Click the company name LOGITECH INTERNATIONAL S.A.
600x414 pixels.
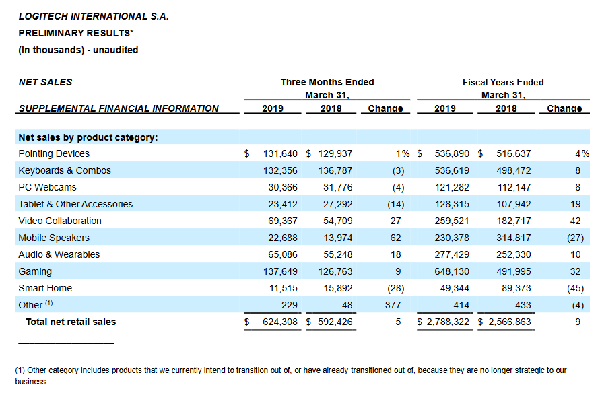click(94, 16)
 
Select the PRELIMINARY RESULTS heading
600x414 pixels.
click(76, 33)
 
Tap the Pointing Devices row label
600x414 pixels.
click(54, 153)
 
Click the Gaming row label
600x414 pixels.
click(35, 271)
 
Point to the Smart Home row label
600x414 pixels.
click(45, 288)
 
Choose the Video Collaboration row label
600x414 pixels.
click(60, 221)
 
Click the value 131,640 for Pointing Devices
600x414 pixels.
click(280, 153)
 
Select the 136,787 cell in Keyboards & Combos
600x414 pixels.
click(335, 170)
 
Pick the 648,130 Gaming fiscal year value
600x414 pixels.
click(452, 271)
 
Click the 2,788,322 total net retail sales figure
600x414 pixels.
click(448, 322)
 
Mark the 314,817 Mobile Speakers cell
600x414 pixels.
click(514, 238)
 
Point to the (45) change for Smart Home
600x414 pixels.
click(576, 288)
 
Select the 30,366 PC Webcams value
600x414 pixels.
click(283, 187)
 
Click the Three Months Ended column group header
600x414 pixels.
click(327, 82)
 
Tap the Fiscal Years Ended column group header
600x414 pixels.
click(503, 82)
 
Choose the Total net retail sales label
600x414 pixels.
click(71, 322)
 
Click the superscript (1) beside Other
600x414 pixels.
click(49, 303)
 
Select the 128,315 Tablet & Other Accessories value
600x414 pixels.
click(452, 204)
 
